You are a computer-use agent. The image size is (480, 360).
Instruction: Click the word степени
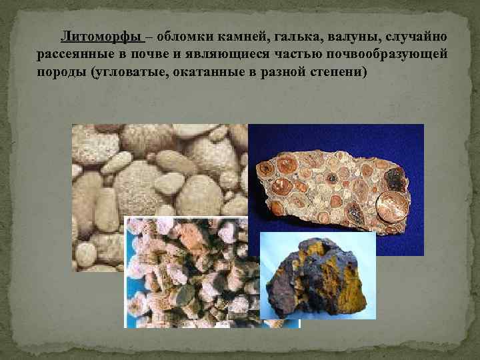tap(339, 71)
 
